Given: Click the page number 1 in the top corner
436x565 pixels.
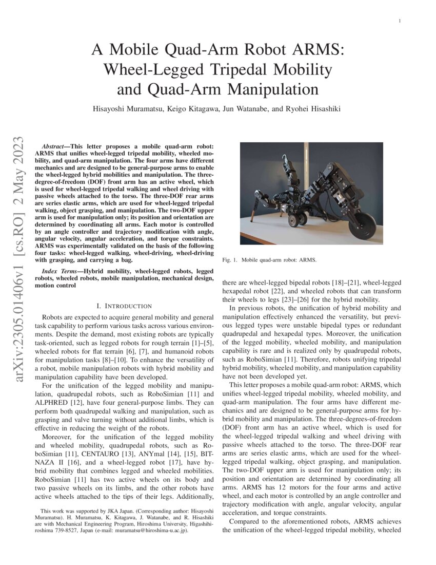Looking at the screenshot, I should [x=400, y=21].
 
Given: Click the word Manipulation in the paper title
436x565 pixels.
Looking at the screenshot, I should [x=273, y=89].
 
